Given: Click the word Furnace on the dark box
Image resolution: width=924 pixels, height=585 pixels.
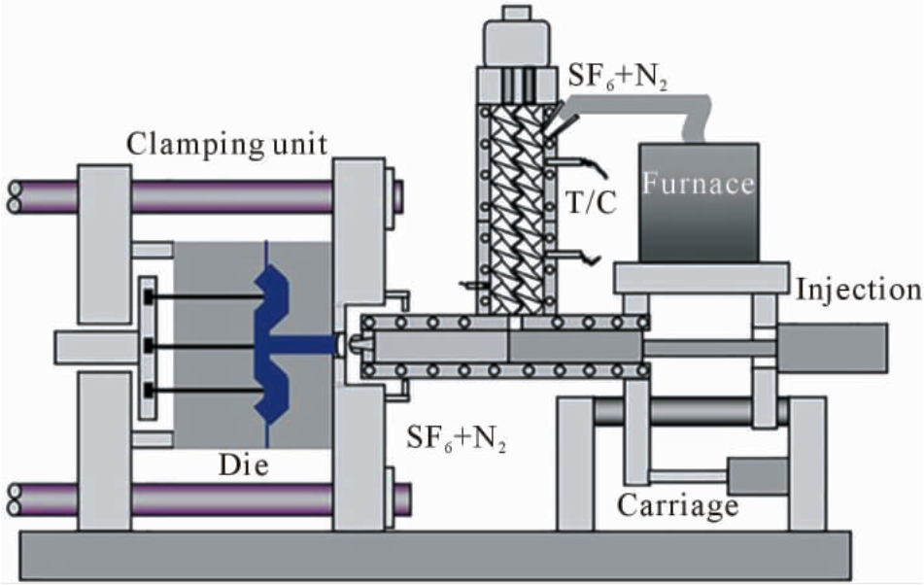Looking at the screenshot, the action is coord(699,184).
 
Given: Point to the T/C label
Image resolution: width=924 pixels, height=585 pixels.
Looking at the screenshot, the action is coord(591,203).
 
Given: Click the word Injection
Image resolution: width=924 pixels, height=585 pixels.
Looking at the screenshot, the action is coord(859,290).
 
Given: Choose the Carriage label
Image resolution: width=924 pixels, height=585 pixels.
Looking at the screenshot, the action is coord(677,505).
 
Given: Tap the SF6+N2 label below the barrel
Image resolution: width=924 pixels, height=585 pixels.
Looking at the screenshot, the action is coord(457,439).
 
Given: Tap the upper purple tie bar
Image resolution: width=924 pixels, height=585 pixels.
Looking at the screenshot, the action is coord(231,196).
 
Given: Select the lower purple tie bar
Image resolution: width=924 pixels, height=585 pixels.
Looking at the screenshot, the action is coord(231,499).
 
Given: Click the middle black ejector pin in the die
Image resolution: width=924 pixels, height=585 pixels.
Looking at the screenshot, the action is coord(203,346).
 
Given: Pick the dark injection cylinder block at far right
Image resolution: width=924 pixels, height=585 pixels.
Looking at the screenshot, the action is coord(832,348).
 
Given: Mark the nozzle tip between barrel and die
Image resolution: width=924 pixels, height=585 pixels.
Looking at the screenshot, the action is coord(354,345).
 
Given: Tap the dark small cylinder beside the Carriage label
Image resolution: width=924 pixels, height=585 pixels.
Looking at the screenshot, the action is coord(758,476).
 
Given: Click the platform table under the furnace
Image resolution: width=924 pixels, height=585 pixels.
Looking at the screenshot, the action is coord(702,278).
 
